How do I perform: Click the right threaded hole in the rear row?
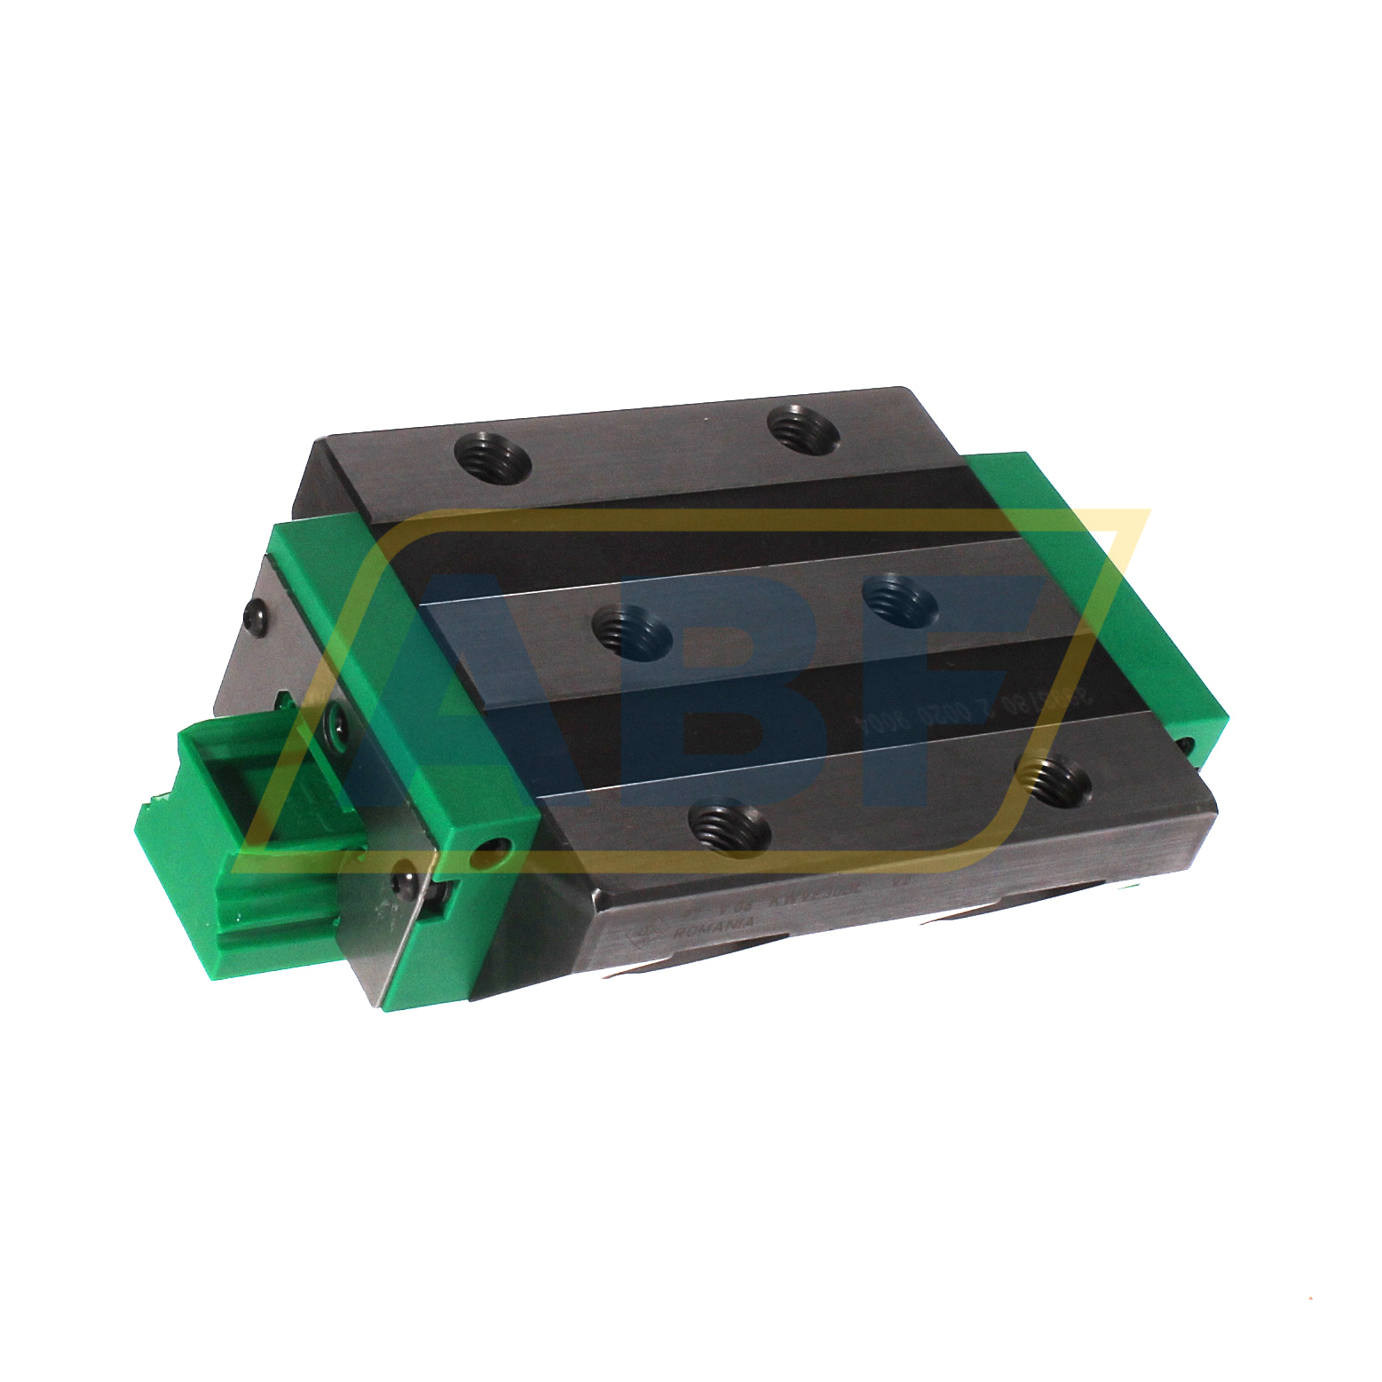tap(803, 429)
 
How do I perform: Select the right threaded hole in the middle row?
tap(900, 601)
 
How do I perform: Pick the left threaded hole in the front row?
tap(729, 825)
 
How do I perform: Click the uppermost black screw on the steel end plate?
tap(256, 612)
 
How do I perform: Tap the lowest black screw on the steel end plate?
tap(405, 884)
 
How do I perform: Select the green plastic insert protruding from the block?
tap(240, 852)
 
